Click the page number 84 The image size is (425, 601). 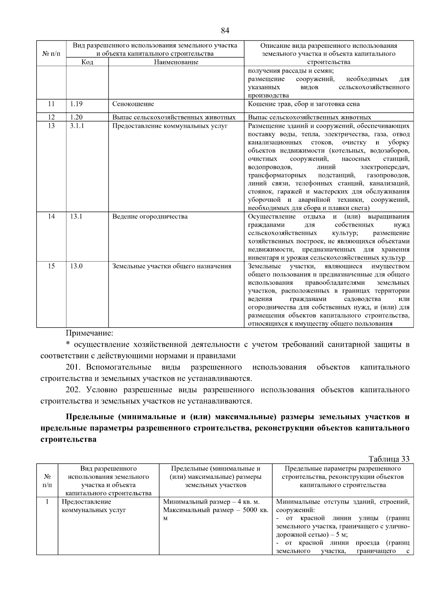[x=225, y=30]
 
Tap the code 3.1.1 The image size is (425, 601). [x=77, y=126]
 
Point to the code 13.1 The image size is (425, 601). [x=76, y=216]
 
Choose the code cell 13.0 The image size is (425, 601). [x=76, y=266]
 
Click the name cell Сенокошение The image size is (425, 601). [x=133, y=104]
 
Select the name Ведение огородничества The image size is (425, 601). [x=150, y=216]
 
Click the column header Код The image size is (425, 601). [x=87, y=62]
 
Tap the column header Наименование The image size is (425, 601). [x=176, y=62]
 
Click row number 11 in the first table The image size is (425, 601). [x=51, y=104]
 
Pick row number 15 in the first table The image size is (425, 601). [x=51, y=266]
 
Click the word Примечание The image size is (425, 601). [x=90, y=333]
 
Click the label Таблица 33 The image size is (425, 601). [x=389, y=459]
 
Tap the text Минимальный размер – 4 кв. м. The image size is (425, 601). [x=211, y=502]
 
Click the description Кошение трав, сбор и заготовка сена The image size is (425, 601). [x=304, y=104]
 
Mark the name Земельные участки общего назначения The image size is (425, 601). [x=172, y=266]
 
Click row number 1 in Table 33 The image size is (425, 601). [x=47, y=502]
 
